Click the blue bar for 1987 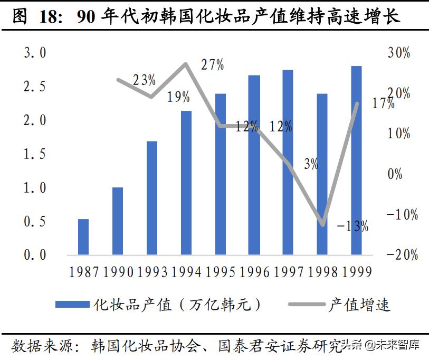pyautogui.click(x=83, y=237)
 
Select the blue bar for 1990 pyautogui.click(x=117, y=221)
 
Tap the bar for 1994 pyautogui.click(x=186, y=183)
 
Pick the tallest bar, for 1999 pyautogui.click(x=356, y=160)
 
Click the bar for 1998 pyautogui.click(x=322, y=174)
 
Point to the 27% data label pyautogui.click(x=213, y=65)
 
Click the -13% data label pyautogui.click(x=352, y=226)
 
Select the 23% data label pyautogui.click(x=144, y=80)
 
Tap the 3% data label pyautogui.click(x=311, y=164)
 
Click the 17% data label pyautogui.click(x=383, y=103)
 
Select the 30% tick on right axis pyautogui.click(x=399, y=53)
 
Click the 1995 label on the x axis pyautogui.click(x=221, y=272)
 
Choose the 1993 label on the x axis pyautogui.click(x=152, y=272)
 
